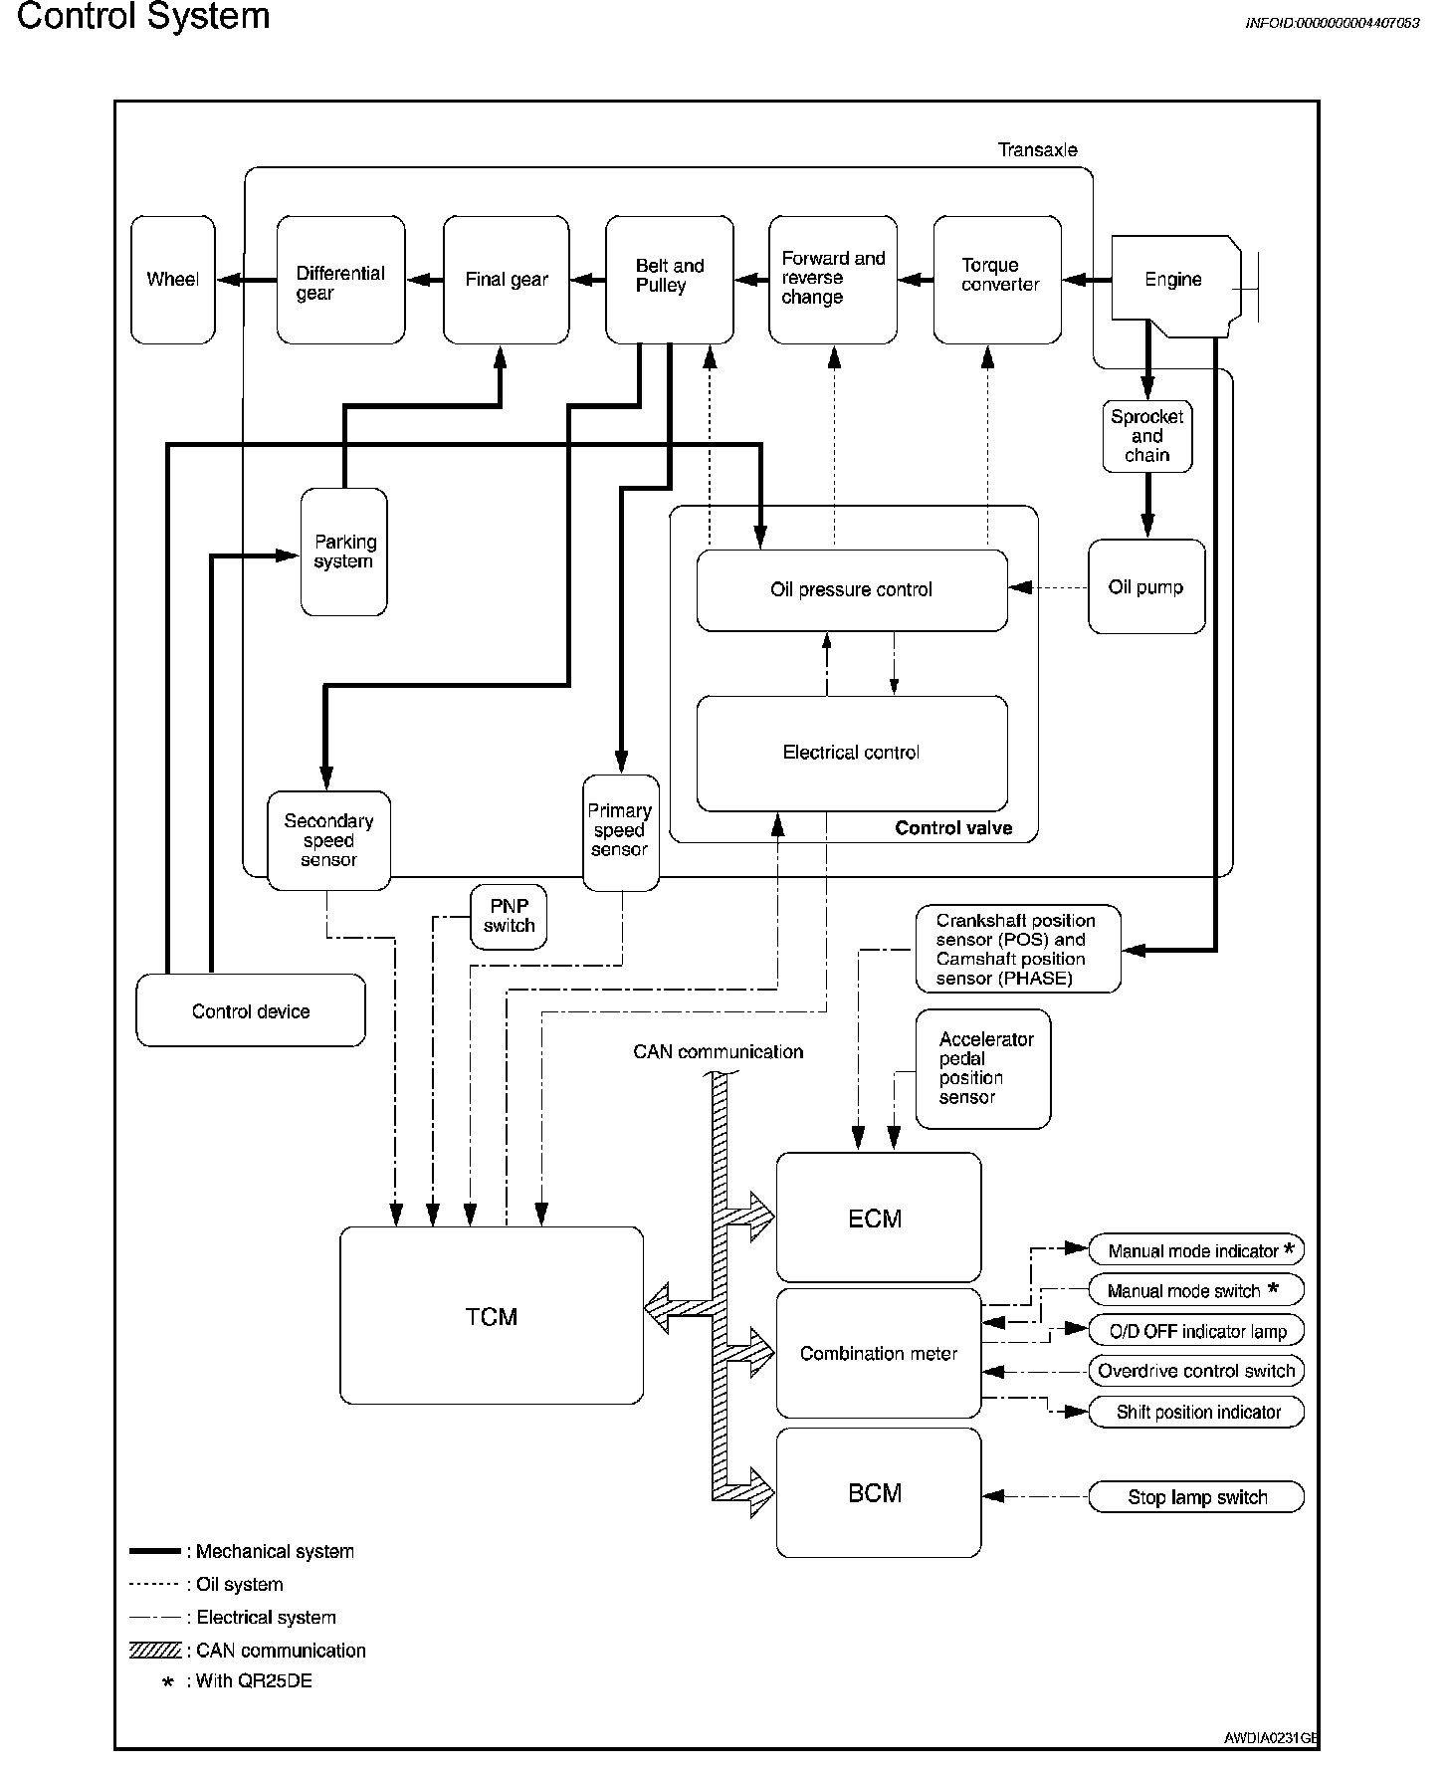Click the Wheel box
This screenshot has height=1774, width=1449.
pyautogui.click(x=172, y=280)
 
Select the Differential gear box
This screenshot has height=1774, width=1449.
pyautogui.click(x=340, y=280)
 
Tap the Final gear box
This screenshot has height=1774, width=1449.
pyautogui.click(x=506, y=280)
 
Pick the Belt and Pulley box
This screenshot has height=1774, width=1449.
pyautogui.click(x=669, y=280)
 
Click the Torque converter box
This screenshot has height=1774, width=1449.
pyautogui.click(x=997, y=280)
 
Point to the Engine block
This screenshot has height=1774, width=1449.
pyautogui.click(x=1174, y=280)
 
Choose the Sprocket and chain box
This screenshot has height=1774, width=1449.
pyautogui.click(x=1146, y=436)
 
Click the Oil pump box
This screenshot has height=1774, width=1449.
pyautogui.click(x=1145, y=587)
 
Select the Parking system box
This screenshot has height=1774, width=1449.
pyautogui.click(x=343, y=552)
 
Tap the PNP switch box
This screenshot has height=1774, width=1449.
pyautogui.click(x=509, y=916)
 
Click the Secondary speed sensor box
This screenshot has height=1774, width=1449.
pyautogui.click(x=328, y=840)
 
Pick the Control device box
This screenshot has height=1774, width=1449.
pyautogui.click(x=250, y=1011)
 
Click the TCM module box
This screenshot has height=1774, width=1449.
pyautogui.click(x=492, y=1316)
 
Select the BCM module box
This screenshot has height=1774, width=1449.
pyautogui.click(x=877, y=1493)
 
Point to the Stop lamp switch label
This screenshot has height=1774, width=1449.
pyautogui.click(x=1196, y=1497)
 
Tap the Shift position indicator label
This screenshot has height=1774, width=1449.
pyautogui.click(x=1197, y=1412)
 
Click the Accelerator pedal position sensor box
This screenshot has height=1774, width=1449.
pyautogui.click(x=982, y=1068)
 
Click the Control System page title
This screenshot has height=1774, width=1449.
pyautogui.click(x=143, y=17)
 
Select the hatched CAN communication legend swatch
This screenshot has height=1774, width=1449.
pyautogui.click(x=155, y=1651)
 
